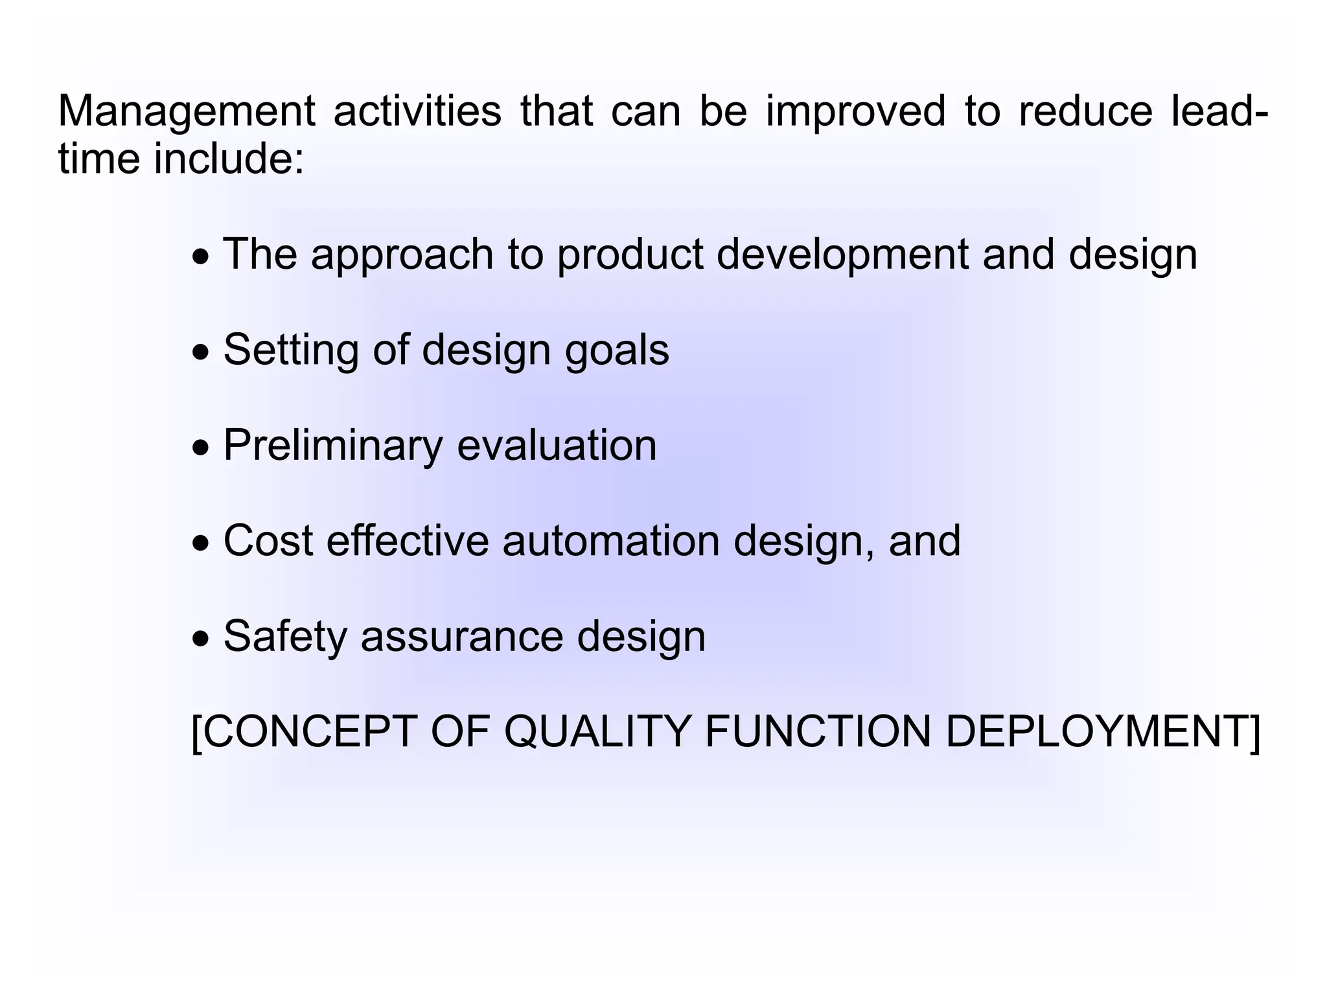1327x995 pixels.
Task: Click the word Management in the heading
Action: [x=187, y=111]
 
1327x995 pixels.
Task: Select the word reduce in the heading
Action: [x=1085, y=111]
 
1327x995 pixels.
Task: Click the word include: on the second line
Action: [x=229, y=159]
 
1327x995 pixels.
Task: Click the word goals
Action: [x=617, y=351]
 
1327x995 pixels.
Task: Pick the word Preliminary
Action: [x=332, y=446]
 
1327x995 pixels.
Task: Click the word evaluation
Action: [x=557, y=446]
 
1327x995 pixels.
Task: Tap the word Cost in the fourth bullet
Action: [x=268, y=541]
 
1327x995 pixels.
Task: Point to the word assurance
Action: [x=462, y=637]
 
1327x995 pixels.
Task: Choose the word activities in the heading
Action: [x=417, y=111]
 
